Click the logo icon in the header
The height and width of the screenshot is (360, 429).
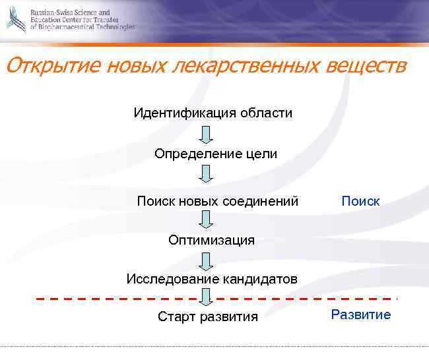15,20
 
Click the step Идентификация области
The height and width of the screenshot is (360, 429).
213,113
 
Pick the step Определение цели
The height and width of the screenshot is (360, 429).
216,154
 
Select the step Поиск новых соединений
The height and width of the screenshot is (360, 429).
218,200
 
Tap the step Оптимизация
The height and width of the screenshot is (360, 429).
211,240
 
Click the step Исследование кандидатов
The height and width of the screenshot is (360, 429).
212,279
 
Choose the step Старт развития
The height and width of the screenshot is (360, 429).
208,317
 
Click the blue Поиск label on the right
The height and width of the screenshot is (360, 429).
360,201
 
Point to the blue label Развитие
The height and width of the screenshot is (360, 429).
361,315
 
